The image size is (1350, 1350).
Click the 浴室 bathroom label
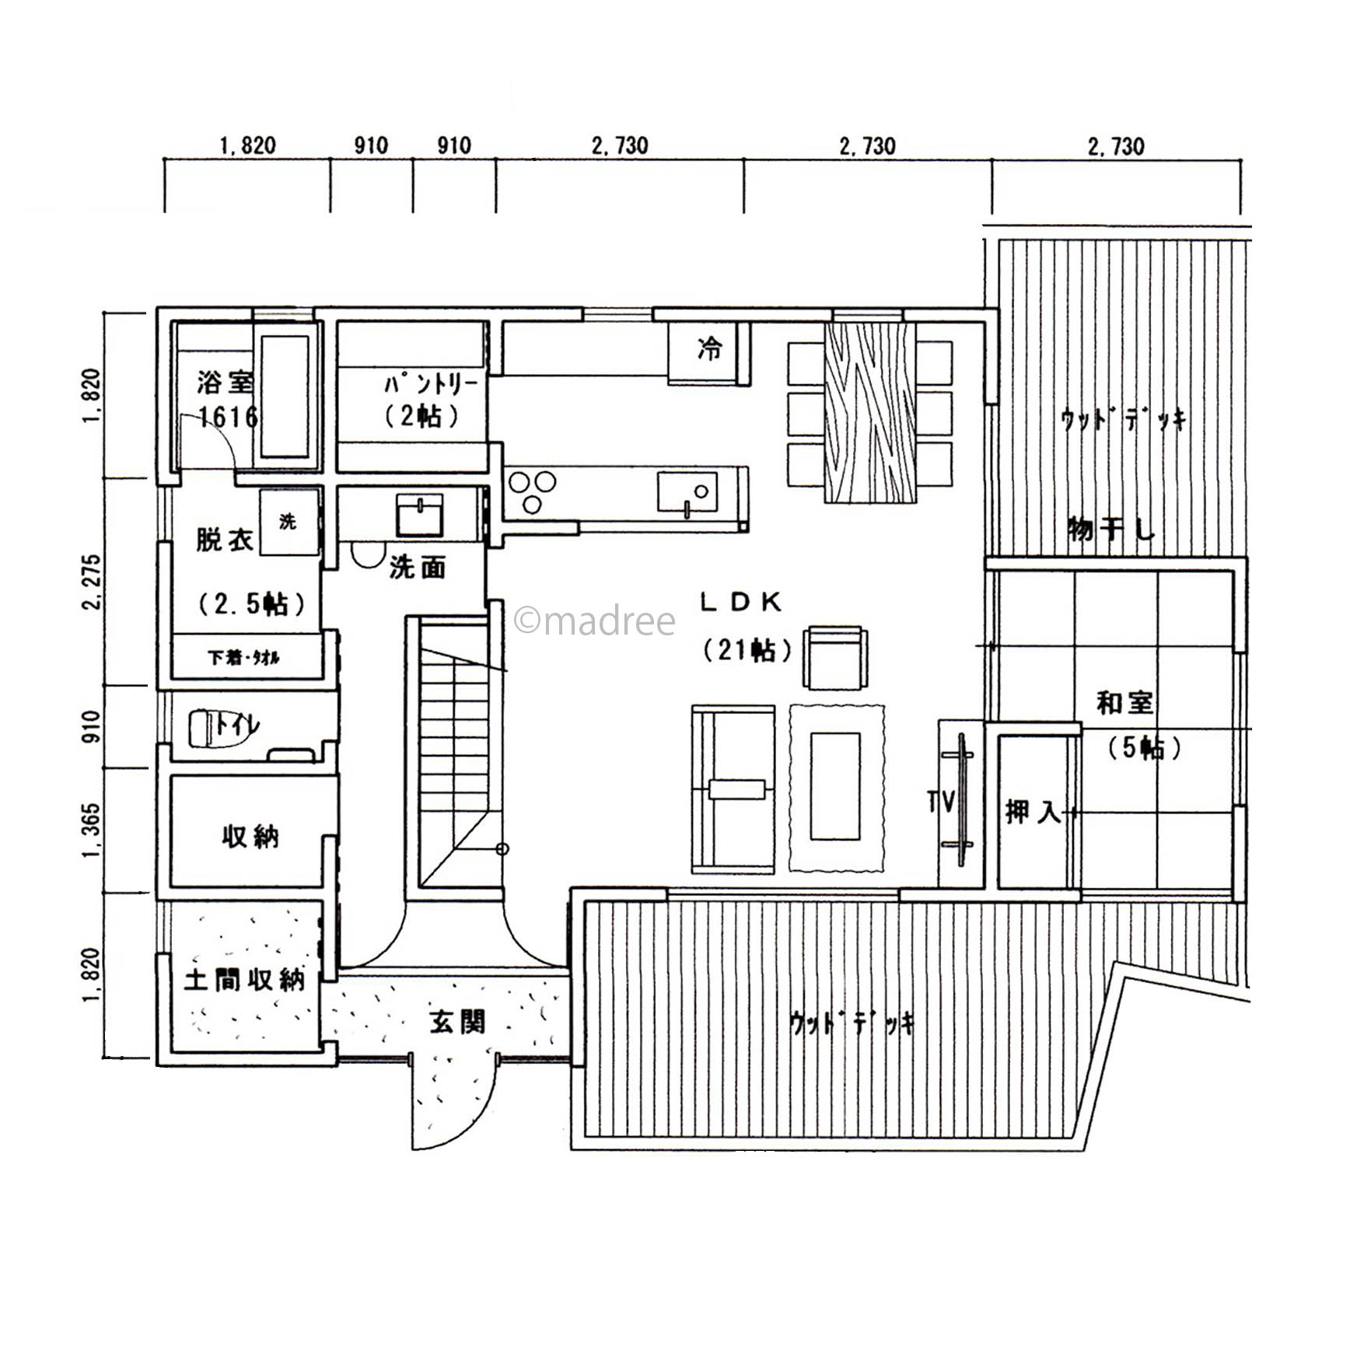pyautogui.click(x=225, y=383)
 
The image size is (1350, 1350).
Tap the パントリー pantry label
pyautogui.click(x=431, y=384)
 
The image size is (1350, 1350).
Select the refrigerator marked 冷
pyautogui.click(x=709, y=352)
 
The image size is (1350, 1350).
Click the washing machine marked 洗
pyautogui.click(x=289, y=522)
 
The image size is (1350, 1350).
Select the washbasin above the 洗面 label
pyautogui.click(x=420, y=515)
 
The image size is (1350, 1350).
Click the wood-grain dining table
pyautogui.click(x=870, y=412)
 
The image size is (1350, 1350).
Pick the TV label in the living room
pyautogui.click(x=940, y=801)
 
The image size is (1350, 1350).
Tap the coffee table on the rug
pyautogui.click(x=835, y=786)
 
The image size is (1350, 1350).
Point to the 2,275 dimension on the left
pyautogui.click(x=92, y=582)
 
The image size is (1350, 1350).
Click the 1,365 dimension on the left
pyautogui.click(x=92, y=831)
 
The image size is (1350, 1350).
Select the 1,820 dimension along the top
pyautogui.click(x=247, y=145)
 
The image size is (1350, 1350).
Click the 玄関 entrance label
pyautogui.click(x=457, y=1022)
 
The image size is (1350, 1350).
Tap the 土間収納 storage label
pyautogui.click(x=244, y=980)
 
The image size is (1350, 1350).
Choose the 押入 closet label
pyautogui.click(x=1033, y=813)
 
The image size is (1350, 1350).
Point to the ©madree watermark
pyautogui.click(x=595, y=621)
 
